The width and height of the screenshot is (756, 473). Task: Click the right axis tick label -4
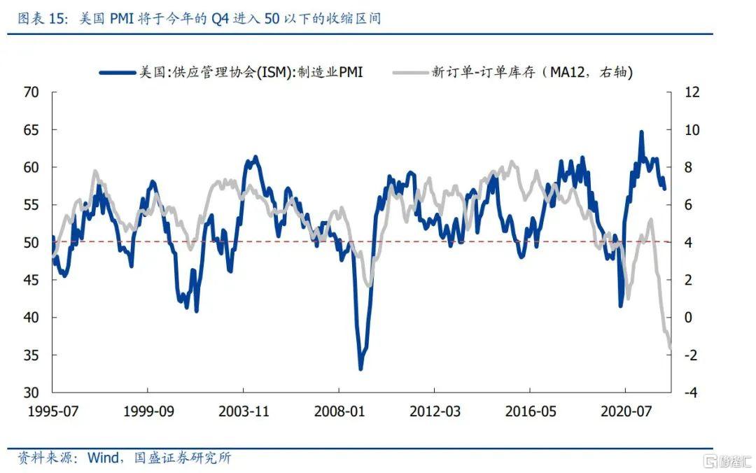[x=690, y=393]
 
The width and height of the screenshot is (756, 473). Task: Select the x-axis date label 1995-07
[x=52, y=411]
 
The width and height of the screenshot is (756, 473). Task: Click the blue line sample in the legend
[x=115, y=71]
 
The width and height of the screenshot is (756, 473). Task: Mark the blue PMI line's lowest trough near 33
[x=361, y=369]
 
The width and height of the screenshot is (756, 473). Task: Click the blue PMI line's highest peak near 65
[x=640, y=132]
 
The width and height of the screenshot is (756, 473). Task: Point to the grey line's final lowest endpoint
[x=671, y=348]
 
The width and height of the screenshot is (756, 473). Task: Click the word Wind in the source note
[x=103, y=458]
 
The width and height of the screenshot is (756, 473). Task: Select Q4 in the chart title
[x=221, y=19]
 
